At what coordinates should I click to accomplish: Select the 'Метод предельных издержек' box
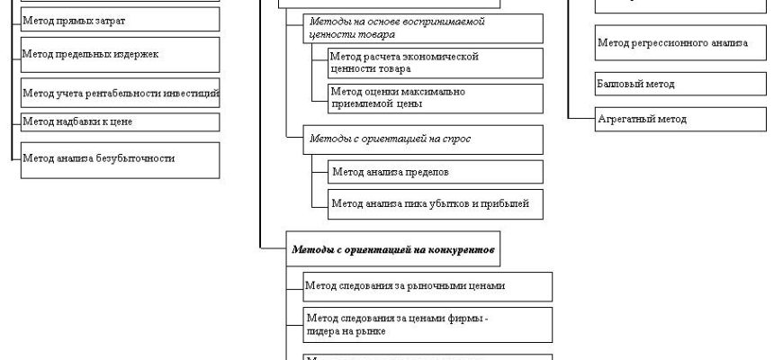(120, 54)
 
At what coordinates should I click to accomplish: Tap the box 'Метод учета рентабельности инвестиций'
(120, 92)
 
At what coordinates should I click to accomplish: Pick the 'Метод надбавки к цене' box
(120, 121)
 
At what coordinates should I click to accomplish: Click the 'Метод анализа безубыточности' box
(120, 158)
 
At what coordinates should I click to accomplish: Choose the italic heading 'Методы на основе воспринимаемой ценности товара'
(422, 27)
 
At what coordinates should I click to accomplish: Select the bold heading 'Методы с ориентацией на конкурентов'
(393, 249)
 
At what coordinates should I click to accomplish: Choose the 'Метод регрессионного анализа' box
(680, 42)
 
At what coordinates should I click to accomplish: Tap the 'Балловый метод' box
(680, 84)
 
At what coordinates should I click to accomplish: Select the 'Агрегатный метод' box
(680, 118)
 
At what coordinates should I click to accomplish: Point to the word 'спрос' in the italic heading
(454, 139)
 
